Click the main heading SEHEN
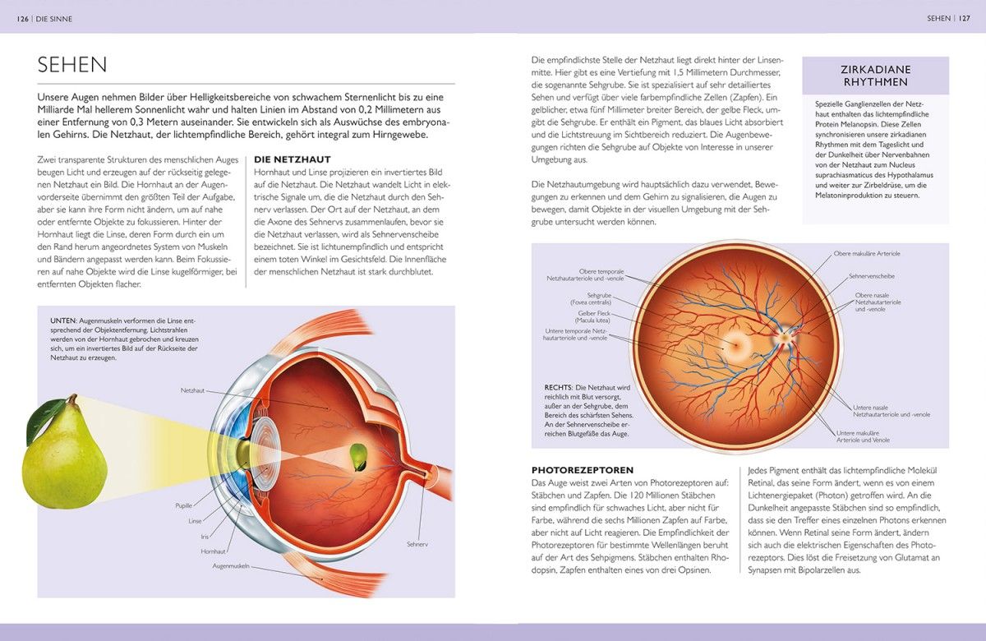coord(72,65)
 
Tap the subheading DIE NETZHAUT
coord(293,159)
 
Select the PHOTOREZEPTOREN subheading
coord(583,470)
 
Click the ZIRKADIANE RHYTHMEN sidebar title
coord(876,76)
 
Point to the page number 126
coord(22,19)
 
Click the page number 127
coord(965,18)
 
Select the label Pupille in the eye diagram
coord(183,505)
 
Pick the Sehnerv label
coord(417,544)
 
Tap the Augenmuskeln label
coord(231,566)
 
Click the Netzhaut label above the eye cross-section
coord(192,390)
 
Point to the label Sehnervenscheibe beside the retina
coord(872,276)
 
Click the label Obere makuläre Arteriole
coord(867,254)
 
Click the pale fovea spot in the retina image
coord(735,344)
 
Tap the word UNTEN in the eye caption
coord(63,320)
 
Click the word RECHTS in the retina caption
coord(558,387)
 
